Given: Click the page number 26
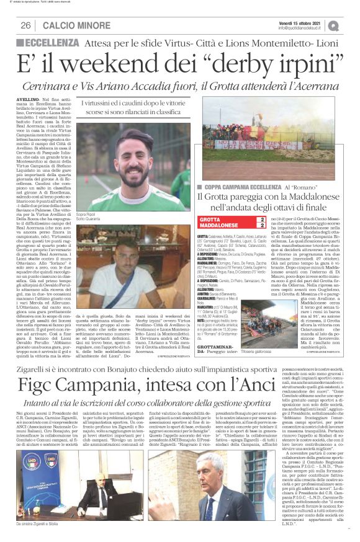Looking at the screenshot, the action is click(x=26, y=25).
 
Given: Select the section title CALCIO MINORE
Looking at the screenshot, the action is click(x=73, y=25).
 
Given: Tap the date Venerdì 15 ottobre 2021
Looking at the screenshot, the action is click(x=302, y=22).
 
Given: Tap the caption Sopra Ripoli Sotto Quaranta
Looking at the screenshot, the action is click(x=91, y=217).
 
